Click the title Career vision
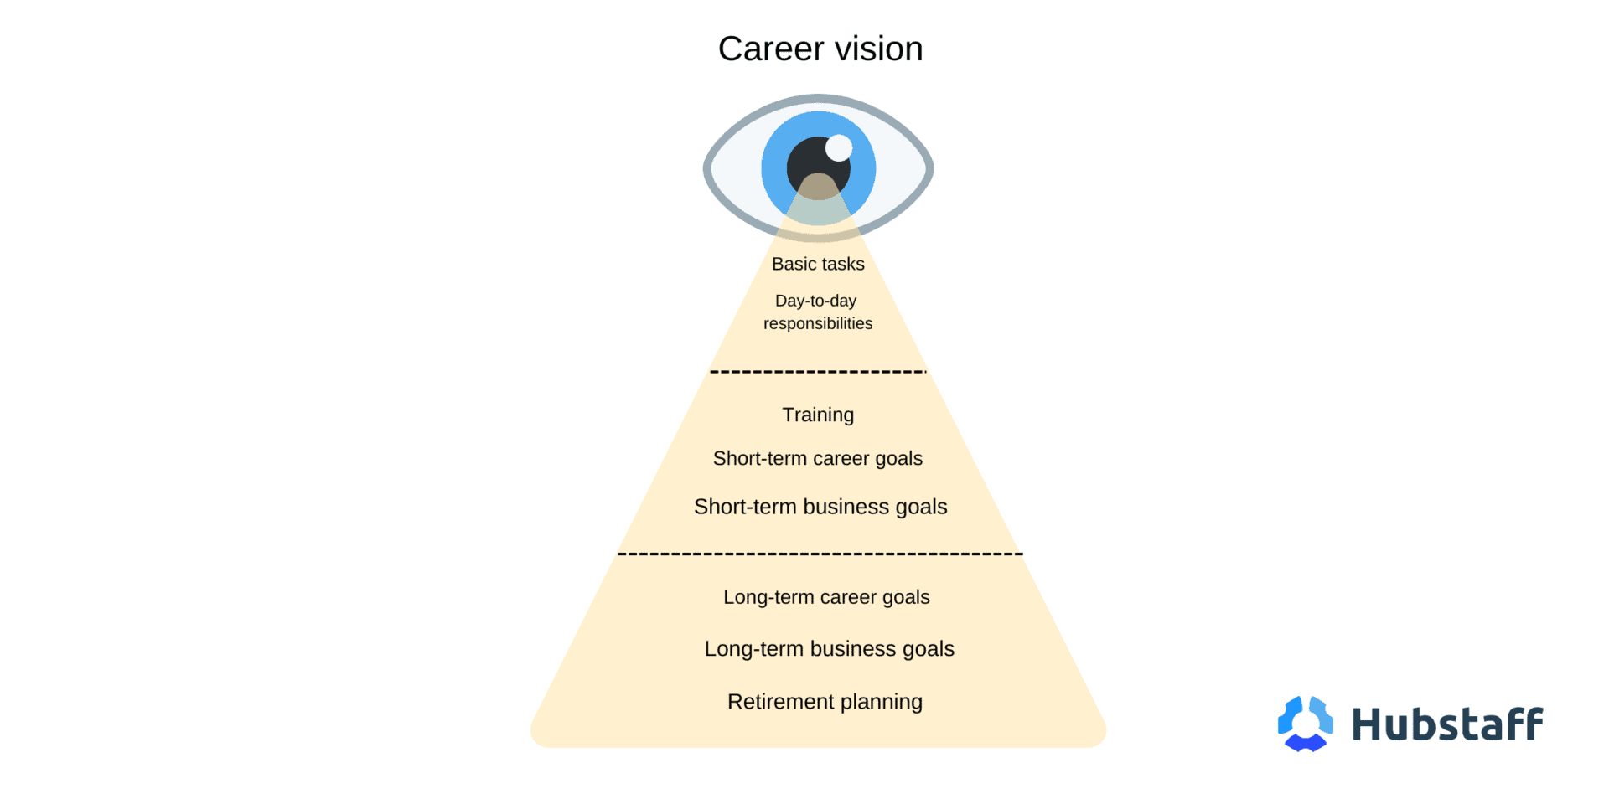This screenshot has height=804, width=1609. pos(820,49)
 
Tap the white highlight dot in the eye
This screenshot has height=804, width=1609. pos(838,148)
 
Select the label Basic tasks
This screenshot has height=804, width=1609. pos(818,264)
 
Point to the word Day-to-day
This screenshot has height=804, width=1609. pos(815,301)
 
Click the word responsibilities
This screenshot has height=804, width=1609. pos(818,323)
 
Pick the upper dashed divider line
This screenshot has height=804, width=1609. pos(817,371)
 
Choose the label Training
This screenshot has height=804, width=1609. pos(818,415)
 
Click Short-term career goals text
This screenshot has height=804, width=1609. pos(818,458)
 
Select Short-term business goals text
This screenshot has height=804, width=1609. pos(820,507)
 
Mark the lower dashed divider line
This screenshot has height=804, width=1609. pos(820,554)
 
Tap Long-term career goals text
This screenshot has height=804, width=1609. pos(826,597)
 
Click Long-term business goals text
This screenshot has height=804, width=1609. pos(829,649)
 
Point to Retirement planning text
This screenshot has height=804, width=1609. pos(825,702)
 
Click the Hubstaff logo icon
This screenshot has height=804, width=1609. pos(1305,724)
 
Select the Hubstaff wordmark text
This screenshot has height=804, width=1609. pos(1447,724)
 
